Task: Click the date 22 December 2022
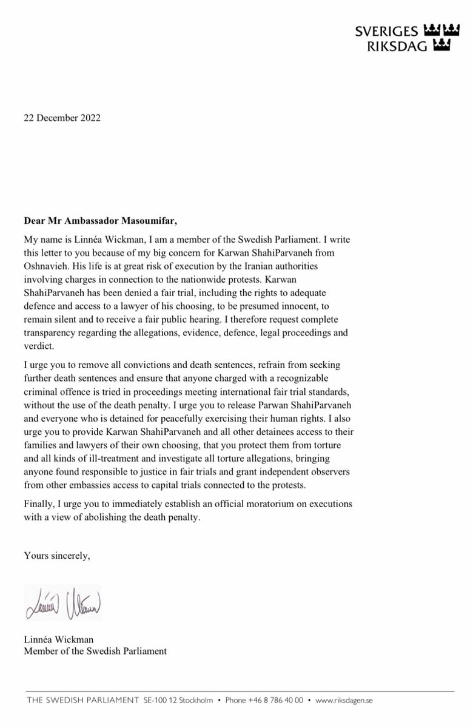click(x=62, y=118)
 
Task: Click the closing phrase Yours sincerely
click(x=56, y=554)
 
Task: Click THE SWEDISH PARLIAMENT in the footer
click(x=82, y=700)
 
